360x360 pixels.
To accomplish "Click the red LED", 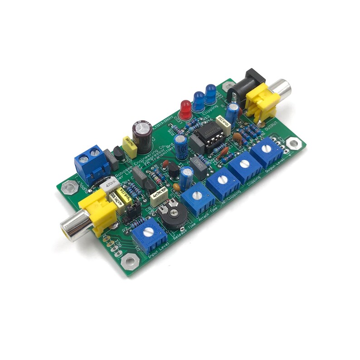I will [x=185, y=108].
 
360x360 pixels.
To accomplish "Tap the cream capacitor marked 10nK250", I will [x=223, y=121].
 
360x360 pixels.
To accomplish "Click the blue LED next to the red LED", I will [x=198, y=101].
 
